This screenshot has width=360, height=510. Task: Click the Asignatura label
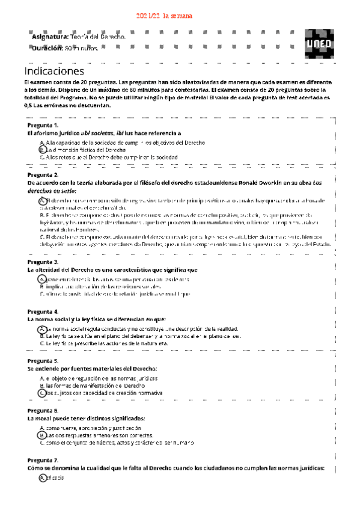coord(50,37)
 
